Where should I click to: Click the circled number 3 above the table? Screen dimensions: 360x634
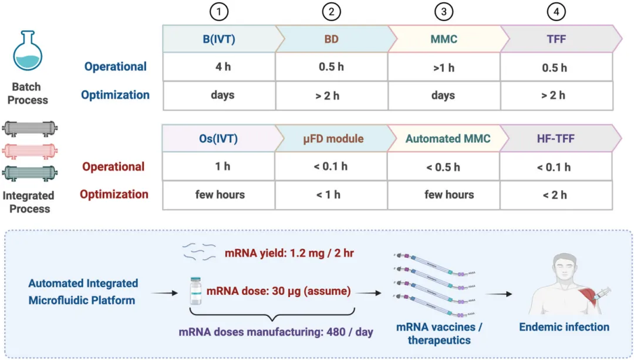tap(444, 11)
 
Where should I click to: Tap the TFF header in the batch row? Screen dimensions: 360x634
tap(554, 39)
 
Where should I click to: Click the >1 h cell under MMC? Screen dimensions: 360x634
tap(443, 68)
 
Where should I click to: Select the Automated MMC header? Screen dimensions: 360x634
tap(447, 139)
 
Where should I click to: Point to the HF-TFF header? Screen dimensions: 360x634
tap(554, 139)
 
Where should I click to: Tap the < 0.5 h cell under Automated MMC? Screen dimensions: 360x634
tap(443, 167)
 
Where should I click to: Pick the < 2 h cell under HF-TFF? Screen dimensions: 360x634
tap(554, 195)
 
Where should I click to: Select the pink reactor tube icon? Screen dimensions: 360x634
tap(29, 151)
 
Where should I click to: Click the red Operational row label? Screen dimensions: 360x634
tap(113, 167)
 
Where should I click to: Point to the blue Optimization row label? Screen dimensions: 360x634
tap(115, 95)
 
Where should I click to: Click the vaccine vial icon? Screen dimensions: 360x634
tap(195, 291)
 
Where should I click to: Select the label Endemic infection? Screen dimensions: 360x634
tap(564, 327)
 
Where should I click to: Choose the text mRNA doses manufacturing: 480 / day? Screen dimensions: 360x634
tap(276, 332)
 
